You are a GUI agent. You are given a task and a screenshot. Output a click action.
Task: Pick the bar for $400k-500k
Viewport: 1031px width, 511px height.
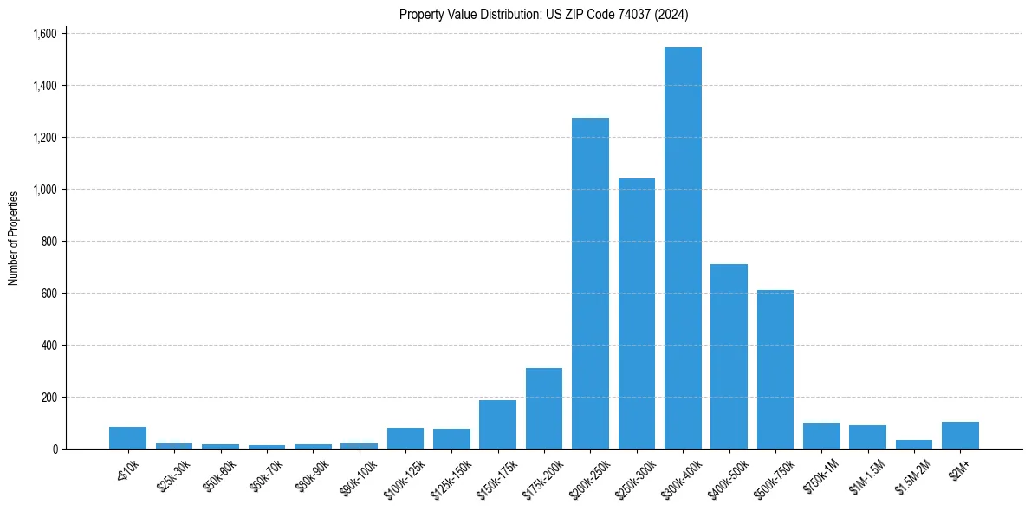click(x=729, y=357)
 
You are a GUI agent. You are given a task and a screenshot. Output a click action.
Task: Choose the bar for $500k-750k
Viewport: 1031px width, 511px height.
click(x=775, y=370)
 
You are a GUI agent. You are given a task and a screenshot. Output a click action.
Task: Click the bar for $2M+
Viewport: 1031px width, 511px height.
click(x=960, y=436)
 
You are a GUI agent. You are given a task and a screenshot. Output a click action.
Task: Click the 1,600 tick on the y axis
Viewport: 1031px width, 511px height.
click(x=44, y=34)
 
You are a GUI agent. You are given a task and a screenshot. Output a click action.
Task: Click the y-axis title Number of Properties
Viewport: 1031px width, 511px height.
click(x=14, y=238)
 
